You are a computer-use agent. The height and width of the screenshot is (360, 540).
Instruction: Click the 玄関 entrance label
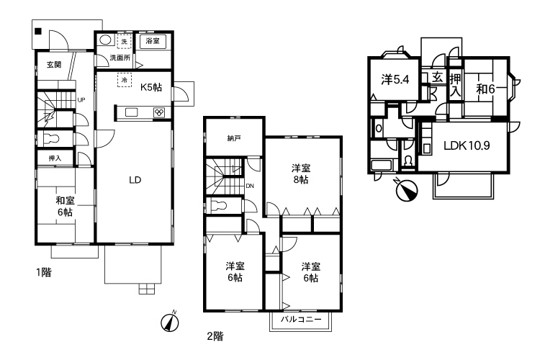(x=54, y=64)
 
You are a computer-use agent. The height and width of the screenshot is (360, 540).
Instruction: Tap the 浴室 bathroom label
(x=153, y=41)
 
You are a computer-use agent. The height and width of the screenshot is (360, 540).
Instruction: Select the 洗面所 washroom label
(x=120, y=58)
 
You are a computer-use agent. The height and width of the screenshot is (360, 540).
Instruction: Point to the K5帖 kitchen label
(x=151, y=87)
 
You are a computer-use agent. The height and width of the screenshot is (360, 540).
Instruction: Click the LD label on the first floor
(x=135, y=180)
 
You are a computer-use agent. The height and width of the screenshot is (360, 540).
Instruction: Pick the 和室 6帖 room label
(x=65, y=206)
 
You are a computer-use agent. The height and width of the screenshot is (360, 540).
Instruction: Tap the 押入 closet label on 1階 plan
(x=55, y=158)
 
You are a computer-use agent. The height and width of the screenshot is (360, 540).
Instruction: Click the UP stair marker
(x=81, y=100)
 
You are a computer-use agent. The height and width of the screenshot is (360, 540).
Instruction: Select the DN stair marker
(x=250, y=186)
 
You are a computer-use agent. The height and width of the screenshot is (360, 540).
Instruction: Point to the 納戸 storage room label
(x=234, y=138)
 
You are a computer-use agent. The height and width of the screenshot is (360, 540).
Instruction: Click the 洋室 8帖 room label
(x=301, y=174)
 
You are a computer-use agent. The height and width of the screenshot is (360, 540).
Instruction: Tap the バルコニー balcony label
(x=301, y=319)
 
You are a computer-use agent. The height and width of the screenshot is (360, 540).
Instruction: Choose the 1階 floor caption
(x=44, y=272)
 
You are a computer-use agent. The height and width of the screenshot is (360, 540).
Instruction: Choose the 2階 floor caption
(x=215, y=336)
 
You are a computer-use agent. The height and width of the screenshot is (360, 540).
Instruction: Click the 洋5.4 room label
(x=395, y=80)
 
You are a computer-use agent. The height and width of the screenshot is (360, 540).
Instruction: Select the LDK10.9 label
(x=467, y=145)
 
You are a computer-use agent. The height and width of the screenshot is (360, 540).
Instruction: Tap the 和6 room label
(x=485, y=89)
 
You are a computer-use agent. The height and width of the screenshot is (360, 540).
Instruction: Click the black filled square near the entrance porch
(x=38, y=32)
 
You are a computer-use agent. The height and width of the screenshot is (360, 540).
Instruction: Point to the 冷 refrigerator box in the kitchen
(x=125, y=80)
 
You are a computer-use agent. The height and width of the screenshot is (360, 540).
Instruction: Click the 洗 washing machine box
(x=125, y=42)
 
